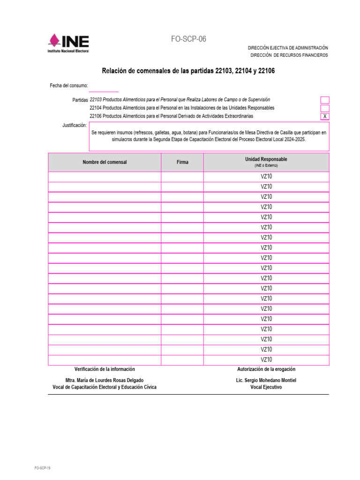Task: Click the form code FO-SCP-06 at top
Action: tap(188, 39)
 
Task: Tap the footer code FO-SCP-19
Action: tap(42, 468)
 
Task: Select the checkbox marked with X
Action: tap(325, 116)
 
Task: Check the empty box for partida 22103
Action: tap(325, 100)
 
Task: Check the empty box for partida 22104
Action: tap(325, 108)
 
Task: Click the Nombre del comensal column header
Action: tap(105, 162)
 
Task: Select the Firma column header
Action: tap(182, 162)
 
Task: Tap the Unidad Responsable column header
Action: tap(266, 162)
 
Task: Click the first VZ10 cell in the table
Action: tap(266, 177)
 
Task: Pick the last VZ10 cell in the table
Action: tap(266, 360)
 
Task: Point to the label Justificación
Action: tap(75, 126)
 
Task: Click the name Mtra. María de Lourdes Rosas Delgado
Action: tap(105, 380)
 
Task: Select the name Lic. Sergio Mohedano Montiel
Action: tap(266, 380)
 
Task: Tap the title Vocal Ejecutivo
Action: tap(266, 388)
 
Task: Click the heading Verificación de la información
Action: tap(105, 369)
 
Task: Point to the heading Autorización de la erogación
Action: tap(266, 369)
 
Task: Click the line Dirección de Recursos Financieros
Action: tap(288, 55)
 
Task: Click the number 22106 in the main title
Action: tap(266, 71)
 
